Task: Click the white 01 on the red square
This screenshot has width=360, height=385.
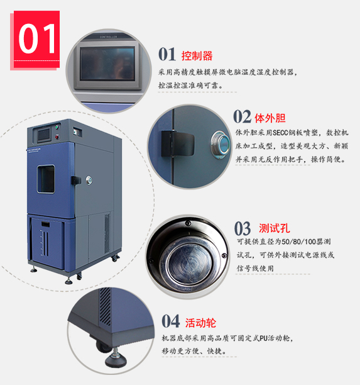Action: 37,38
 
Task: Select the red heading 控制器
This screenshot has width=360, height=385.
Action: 197,56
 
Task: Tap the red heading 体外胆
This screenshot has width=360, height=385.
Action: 270,118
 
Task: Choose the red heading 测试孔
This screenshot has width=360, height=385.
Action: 275,228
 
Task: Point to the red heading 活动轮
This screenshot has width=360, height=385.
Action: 200,323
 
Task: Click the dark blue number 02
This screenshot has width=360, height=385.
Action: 242,116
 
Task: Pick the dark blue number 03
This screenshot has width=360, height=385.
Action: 243,228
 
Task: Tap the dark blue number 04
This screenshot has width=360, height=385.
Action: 171,321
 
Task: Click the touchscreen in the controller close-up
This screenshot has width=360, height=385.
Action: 107,64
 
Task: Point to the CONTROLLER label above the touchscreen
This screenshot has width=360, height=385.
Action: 109,37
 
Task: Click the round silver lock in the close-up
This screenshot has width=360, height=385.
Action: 221,145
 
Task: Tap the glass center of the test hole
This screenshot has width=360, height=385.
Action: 189,264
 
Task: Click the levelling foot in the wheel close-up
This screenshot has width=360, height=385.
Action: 116,358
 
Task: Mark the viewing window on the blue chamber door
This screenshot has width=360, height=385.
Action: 46,179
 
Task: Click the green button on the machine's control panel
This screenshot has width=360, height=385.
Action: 57,127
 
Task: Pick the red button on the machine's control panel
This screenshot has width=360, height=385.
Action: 57,137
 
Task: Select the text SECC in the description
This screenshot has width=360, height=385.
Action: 280,133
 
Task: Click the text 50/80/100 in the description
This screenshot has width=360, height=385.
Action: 298,242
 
